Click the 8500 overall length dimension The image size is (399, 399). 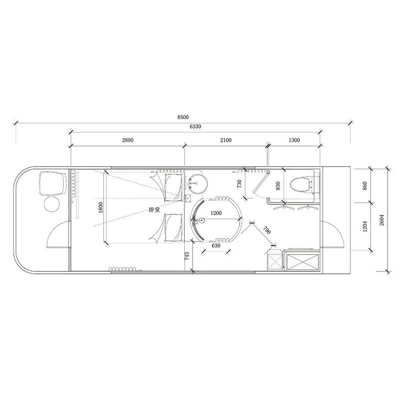[183, 117]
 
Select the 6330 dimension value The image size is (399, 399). [195, 127]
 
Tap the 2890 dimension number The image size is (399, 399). [128, 140]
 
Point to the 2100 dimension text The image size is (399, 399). [226, 140]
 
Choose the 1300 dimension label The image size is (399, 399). [294, 140]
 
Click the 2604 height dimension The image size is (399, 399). [382, 220]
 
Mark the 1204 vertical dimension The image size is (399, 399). [365, 226]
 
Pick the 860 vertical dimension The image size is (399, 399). [365, 186]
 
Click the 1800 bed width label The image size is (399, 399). [101, 207]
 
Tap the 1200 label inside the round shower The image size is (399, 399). [216, 213]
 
